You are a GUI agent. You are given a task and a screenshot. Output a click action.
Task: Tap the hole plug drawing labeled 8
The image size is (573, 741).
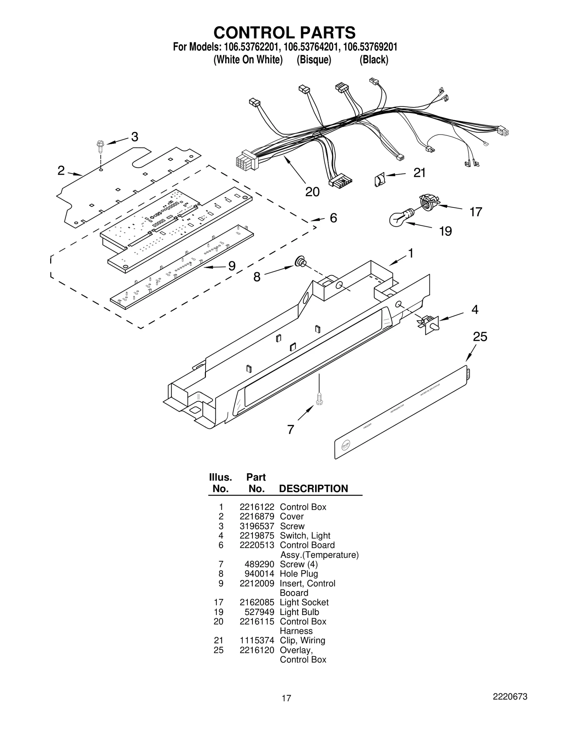pos(300,262)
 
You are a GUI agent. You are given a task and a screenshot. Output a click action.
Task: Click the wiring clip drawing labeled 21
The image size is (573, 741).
pos(380,179)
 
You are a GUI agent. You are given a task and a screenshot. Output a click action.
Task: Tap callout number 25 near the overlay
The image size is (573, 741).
pos(480,337)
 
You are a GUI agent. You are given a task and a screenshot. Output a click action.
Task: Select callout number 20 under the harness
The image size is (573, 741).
pos(312,192)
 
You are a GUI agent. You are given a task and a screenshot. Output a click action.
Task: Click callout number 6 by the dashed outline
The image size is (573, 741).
pos(333,218)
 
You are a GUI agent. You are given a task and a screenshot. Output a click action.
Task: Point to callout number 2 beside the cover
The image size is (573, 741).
pos(61,171)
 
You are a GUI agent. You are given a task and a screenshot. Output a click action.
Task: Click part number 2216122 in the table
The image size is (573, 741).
pos(257,507)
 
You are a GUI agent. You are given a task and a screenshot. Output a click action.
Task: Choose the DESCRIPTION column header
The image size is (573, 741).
pos(313,489)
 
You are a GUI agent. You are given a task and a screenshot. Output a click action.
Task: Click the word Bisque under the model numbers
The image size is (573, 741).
pos(314,59)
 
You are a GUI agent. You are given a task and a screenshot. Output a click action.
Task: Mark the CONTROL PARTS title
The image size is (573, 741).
pos(284,33)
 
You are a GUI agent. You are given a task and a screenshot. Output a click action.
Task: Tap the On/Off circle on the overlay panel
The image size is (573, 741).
pos(345,445)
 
